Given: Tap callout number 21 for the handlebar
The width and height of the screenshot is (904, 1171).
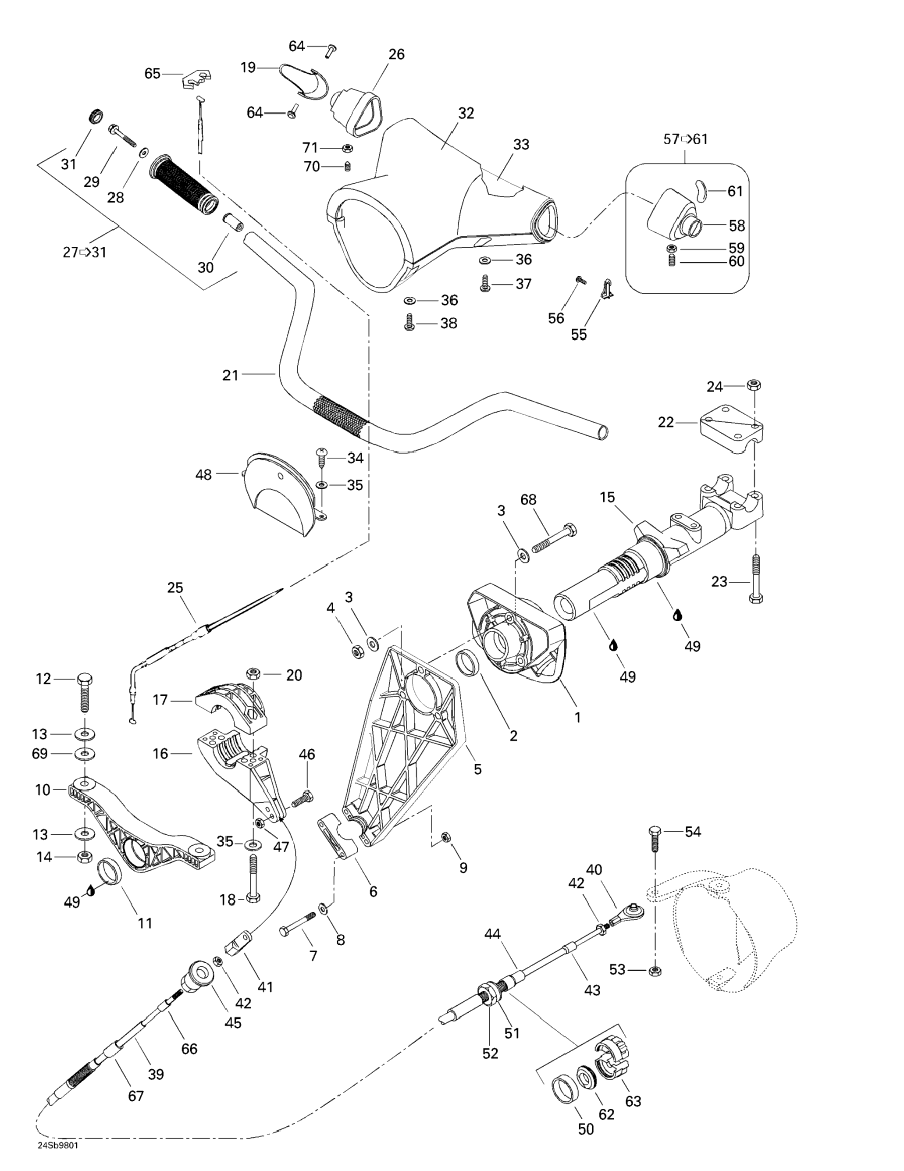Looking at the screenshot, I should click(230, 375).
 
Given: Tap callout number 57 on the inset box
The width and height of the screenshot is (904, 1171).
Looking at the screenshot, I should click(671, 139).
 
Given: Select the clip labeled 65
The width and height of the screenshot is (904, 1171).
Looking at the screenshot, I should click(196, 79).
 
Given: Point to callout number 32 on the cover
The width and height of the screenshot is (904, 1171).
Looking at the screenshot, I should click(466, 113).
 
